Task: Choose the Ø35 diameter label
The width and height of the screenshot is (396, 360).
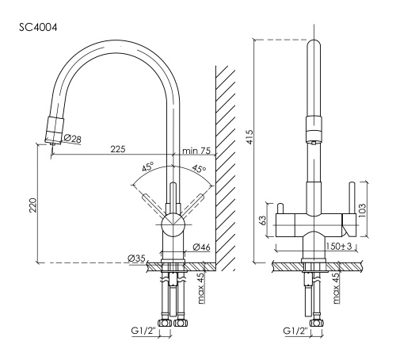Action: tap(135, 258)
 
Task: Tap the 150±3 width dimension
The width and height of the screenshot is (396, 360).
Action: tap(339, 247)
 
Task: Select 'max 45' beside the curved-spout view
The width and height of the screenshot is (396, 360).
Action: tap(201, 286)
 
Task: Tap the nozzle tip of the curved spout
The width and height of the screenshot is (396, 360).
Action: tap(50, 144)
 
